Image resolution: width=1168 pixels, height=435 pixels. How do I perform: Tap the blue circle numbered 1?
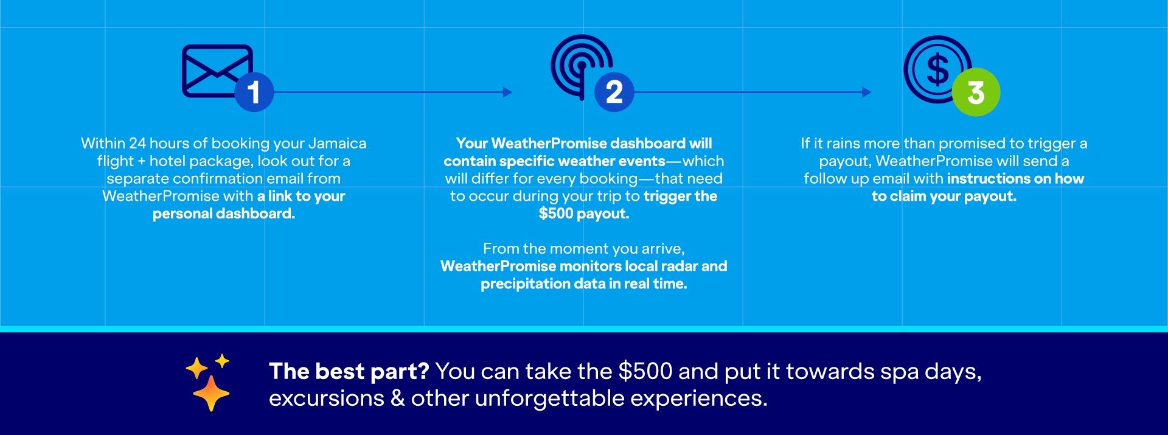point(254,92)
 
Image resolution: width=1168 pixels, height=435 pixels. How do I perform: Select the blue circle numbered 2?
point(614,92)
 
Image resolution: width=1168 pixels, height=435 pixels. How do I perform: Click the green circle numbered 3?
point(976,92)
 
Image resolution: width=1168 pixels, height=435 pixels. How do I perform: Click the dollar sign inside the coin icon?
point(937,69)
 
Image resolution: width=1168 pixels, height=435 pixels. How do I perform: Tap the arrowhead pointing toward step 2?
point(507,92)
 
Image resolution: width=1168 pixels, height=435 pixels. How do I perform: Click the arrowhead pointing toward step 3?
point(867,92)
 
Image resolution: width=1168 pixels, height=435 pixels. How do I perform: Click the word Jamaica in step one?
point(337,144)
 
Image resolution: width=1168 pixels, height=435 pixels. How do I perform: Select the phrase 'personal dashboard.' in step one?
point(224,214)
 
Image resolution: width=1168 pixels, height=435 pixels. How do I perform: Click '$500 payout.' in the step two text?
point(584,214)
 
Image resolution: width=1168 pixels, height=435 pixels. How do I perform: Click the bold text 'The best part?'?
point(349,371)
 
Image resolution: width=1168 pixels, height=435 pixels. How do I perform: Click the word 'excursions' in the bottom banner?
point(327,398)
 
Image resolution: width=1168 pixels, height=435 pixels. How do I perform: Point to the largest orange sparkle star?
point(211,393)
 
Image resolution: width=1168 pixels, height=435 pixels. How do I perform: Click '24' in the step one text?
point(137,144)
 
